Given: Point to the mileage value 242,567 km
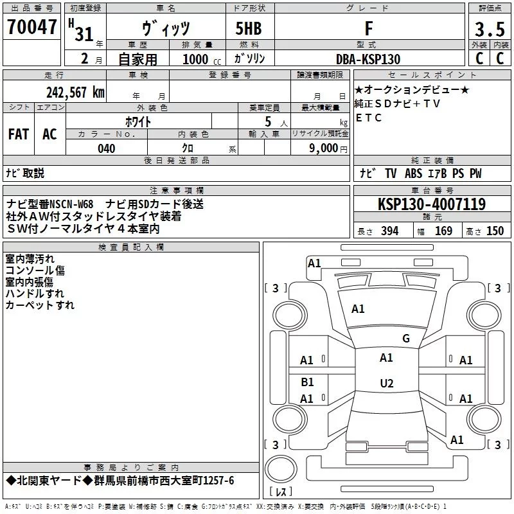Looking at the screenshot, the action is (x=75, y=92).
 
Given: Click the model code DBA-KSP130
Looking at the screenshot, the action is (x=368, y=59).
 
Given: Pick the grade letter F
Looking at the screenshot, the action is (x=368, y=28).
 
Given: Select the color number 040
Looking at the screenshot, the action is (x=107, y=149).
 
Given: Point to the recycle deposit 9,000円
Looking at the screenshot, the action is (x=328, y=149).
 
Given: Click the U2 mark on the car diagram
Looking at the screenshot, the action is (x=386, y=384).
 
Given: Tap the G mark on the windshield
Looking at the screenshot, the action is (x=405, y=339).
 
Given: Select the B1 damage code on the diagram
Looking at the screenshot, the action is (x=307, y=382).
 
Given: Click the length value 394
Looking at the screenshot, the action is (x=389, y=231).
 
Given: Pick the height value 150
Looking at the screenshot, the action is (x=495, y=231).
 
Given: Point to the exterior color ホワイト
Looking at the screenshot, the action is (x=138, y=121).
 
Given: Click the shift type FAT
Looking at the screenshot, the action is (x=19, y=134).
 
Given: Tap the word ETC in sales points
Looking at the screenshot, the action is (x=369, y=118).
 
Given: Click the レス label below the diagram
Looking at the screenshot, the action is (x=281, y=493).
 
